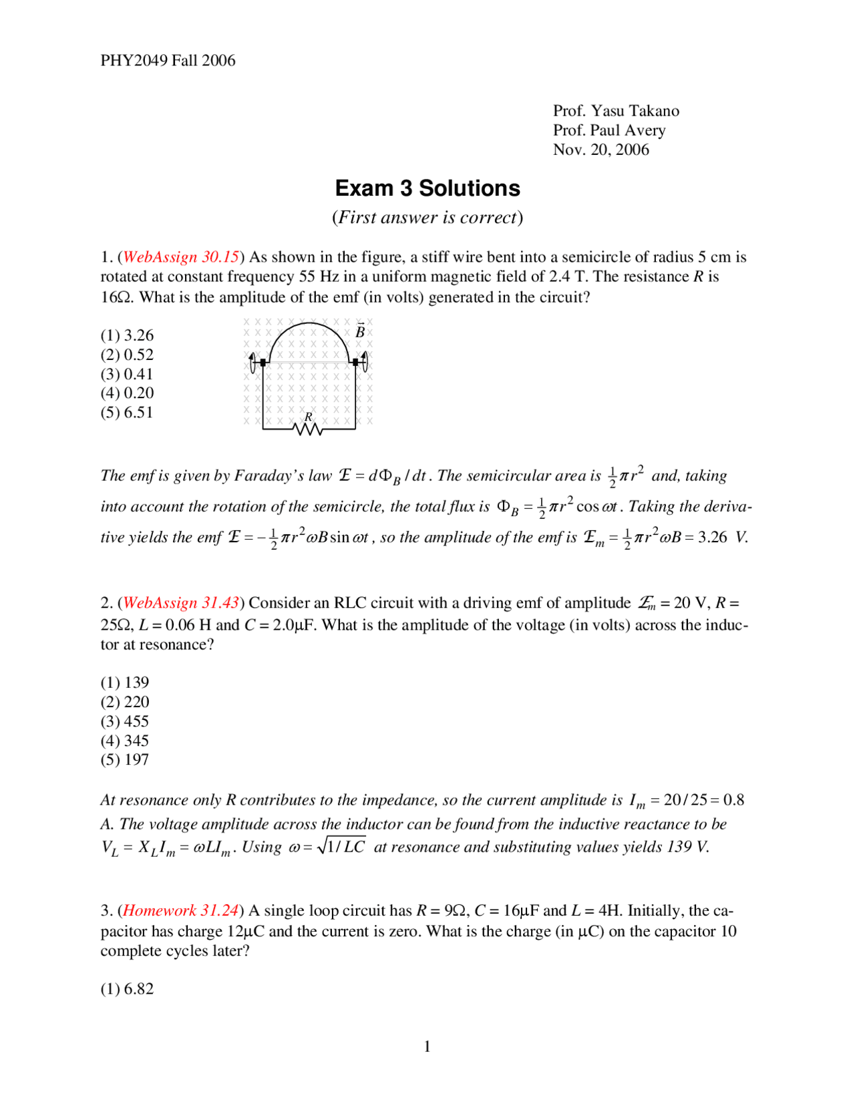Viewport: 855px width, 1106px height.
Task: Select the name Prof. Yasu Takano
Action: [x=615, y=111]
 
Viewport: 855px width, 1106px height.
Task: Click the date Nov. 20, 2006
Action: [x=601, y=150]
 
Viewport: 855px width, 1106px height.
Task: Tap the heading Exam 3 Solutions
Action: [x=427, y=188]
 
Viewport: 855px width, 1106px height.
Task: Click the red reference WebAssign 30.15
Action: [x=181, y=257]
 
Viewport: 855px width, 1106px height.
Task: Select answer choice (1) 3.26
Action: [x=127, y=335]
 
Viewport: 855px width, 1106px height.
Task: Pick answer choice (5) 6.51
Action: [x=127, y=413]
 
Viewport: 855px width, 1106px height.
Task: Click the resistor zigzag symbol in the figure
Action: [x=308, y=429]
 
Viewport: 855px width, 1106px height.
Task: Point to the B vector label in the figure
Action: [x=360, y=331]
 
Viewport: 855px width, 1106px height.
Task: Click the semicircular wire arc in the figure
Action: [x=309, y=325]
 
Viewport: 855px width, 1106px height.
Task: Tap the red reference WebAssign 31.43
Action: [x=181, y=603]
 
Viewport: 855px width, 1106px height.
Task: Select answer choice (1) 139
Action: [x=125, y=683]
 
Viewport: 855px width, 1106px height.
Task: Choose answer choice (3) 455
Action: [x=125, y=721]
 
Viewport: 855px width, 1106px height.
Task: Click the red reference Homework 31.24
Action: [x=181, y=911]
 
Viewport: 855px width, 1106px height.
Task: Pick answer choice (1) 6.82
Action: [x=127, y=989]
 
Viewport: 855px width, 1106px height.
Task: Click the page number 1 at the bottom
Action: [x=427, y=1047]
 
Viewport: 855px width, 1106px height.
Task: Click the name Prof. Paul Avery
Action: [x=609, y=130]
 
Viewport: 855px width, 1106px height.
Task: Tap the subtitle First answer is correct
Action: [x=427, y=218]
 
